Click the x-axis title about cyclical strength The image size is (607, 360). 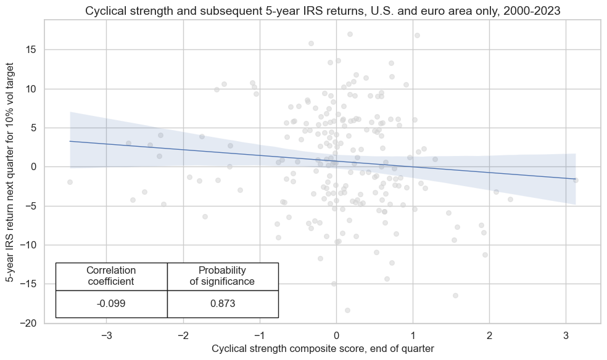[x=322, y=349]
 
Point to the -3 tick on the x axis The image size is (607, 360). [x=106, y=335]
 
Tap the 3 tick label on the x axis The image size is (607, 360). [x=566, y=335]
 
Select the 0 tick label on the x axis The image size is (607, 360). [x=336, y=335]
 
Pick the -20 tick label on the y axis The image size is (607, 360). [x=28, y=323]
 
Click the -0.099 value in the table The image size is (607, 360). [x=111, y=304]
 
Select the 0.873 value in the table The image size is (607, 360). [x=223, y=304]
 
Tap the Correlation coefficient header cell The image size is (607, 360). [x=111, y=276]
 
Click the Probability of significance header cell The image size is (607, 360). [x=223, y=276]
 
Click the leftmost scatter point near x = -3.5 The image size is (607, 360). [x=70, y=182]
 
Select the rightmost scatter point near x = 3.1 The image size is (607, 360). [x=576, y=180]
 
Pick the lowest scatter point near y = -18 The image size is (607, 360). [x=347, y=310]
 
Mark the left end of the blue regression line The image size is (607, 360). [x=70, y=141]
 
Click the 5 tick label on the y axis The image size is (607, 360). [x=35, y=128]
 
